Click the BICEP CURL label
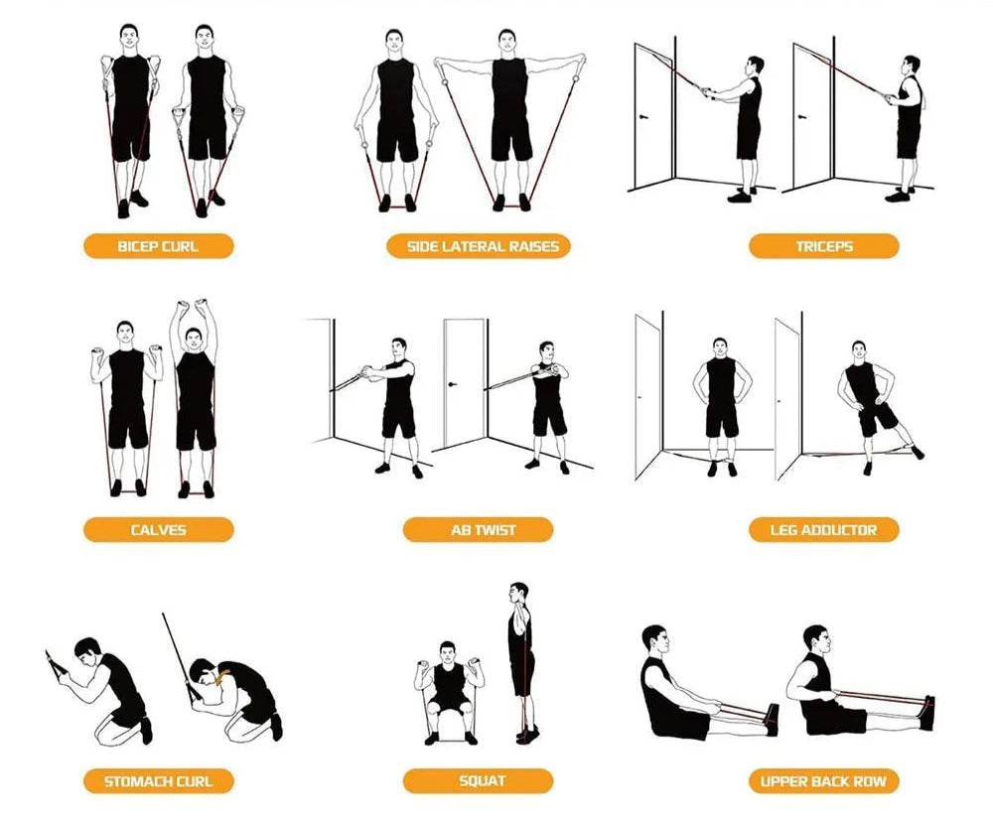158,246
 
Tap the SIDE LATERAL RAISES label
479,246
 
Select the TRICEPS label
824,246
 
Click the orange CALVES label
158,530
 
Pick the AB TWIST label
479,530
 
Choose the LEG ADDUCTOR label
824,530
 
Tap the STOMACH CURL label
158,781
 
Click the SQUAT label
479,781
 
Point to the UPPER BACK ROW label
824,781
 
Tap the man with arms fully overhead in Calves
195,398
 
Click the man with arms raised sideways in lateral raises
509,120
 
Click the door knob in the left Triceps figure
644,116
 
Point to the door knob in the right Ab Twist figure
452,383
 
